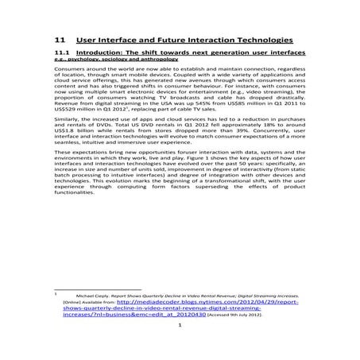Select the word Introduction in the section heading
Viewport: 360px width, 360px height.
point(107,57)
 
